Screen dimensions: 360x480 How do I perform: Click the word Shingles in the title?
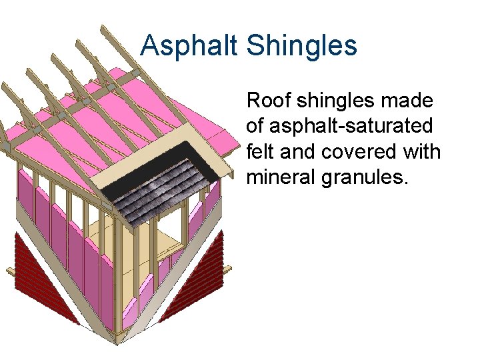click(x=301, y=46)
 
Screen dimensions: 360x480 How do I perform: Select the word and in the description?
click(x=296, y=152)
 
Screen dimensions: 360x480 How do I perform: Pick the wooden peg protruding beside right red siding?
click(x=228, y=268)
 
